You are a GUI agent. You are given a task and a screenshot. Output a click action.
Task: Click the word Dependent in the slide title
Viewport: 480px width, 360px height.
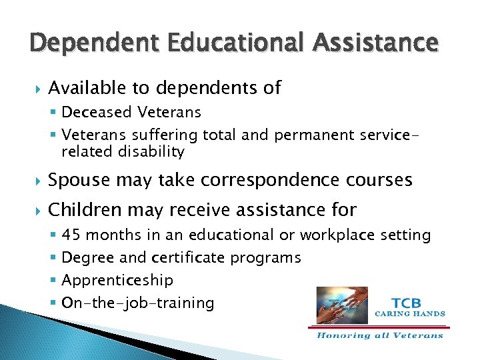pos(82,43)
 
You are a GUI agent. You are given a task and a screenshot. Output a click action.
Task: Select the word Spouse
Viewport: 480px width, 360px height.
pos(79,180)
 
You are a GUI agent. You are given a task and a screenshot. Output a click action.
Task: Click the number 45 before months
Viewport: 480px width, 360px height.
pos(71,235)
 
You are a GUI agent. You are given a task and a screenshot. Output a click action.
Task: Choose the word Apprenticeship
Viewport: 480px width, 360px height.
pos(117,280)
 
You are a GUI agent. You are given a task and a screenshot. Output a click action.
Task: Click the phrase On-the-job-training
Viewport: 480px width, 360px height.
pos(137,303)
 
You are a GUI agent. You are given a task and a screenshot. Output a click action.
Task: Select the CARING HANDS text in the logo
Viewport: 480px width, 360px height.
pos(409,313)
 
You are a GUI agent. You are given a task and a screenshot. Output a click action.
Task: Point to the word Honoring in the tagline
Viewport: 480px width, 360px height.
pos(342,335)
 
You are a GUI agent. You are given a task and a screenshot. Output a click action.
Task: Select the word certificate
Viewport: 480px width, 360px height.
pos(189,257)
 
